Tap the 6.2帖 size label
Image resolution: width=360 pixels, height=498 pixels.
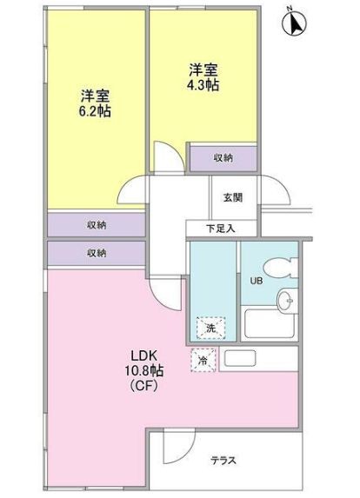point(95,111)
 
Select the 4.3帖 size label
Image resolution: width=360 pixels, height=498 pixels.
point(203,85)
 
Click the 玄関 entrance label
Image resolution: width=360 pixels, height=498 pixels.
point(233,197)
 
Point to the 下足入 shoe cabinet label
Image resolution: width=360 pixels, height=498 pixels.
point(221,229)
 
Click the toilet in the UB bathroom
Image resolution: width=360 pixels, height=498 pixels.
point(280,268)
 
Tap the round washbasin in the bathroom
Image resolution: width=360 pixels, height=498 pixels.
point(287,301)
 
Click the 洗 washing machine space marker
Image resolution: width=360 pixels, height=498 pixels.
point(210,328)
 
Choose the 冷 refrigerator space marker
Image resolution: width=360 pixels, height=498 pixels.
point(203,360)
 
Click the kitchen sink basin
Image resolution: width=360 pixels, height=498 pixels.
point(240,358)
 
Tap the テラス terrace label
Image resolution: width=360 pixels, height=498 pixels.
point(223,461)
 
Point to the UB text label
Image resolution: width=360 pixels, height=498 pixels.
point(257,281)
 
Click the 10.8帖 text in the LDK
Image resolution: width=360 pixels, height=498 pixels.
point(145,370)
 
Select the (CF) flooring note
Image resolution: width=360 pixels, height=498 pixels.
point(144,386)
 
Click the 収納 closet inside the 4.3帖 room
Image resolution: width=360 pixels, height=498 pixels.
point(223,158)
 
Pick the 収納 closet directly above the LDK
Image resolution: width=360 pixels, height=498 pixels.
point(97,253)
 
